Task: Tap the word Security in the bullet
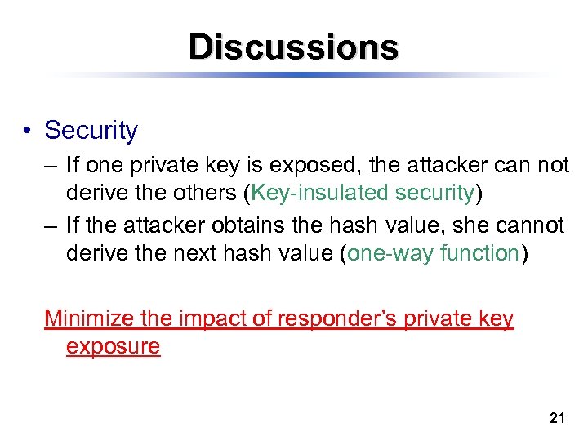click(x=91, y=130)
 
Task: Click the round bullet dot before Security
click(x=28, y=131)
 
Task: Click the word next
click(x=198, y=253)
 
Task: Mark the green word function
click(x=479, y=253)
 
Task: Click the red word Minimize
click(x=91, y=318)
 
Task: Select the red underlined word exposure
click(x=113, y=345)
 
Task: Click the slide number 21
click(x=557, y=419)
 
